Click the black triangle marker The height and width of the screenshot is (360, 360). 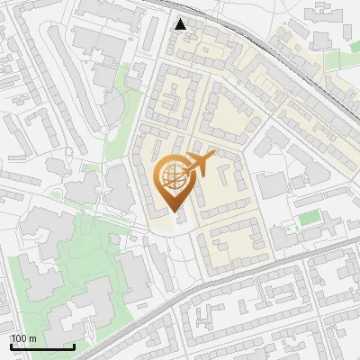(x=182, y=24)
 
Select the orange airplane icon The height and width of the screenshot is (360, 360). (x=200, y=164)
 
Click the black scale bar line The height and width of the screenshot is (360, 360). (x=42, y=347)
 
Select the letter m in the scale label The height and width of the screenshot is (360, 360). (x=33, y=338)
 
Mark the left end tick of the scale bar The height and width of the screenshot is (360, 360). (x=11, y=346)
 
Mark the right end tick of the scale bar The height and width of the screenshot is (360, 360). (x=74, y=346)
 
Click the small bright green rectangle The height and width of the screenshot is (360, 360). (x=310, y=218)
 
